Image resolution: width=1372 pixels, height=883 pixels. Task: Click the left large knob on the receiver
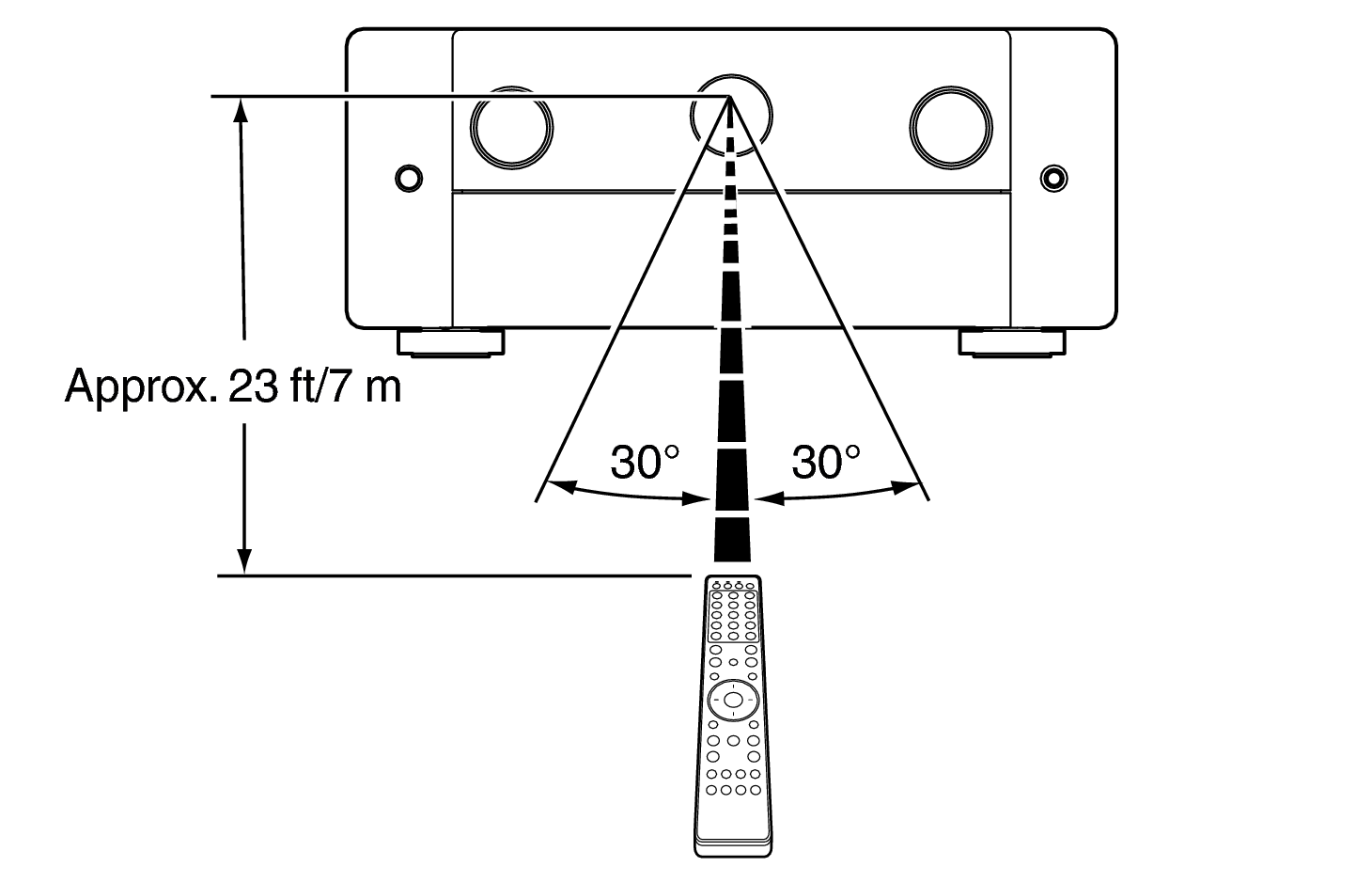pos(511,128)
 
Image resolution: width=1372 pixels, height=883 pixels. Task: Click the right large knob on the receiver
pos(951,128)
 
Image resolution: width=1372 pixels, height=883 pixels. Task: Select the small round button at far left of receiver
pos(408,177)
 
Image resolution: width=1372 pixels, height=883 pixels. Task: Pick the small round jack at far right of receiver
pos(1054,177)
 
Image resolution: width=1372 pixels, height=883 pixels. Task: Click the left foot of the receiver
pos(451,342)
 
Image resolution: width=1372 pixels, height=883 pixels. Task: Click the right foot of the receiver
pos(1011,342)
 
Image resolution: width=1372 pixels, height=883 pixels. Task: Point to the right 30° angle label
pos(825,462)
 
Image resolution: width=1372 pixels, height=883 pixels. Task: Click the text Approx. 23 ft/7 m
pos(233,386)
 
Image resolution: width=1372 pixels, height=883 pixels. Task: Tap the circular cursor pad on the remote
pos(732,700)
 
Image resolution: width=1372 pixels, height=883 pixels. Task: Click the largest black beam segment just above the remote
pos(733,542)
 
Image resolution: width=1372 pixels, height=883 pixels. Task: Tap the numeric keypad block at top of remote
pos(733,615)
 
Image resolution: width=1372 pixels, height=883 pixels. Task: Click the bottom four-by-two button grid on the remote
pos(732,782)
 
